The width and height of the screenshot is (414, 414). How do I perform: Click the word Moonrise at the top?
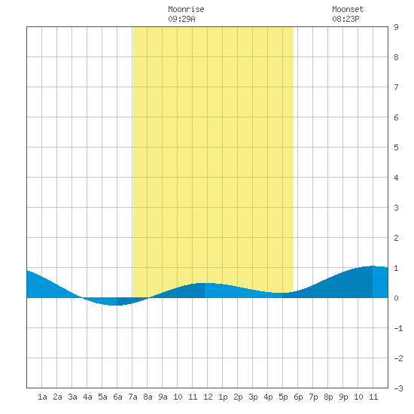coord(186,9)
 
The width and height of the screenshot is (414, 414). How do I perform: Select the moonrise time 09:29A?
coord(181,19)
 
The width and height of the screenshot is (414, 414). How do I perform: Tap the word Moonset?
coord(348,9)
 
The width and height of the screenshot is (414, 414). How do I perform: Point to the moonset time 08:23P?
coord(346,19)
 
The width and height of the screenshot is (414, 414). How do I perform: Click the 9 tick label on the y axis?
coord(396,27)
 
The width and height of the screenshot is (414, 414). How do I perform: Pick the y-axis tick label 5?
coord(396,148)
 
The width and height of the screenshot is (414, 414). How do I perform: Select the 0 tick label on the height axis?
coord(396,298)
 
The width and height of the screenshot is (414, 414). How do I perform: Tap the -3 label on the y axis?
coord(398,388)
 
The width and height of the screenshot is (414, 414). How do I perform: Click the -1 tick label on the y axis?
coord(398,328)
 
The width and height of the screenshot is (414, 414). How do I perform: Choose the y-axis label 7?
coord(396,87)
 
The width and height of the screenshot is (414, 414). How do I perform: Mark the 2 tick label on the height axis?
coord(396,238)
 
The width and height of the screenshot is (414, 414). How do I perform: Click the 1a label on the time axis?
coord(42,397)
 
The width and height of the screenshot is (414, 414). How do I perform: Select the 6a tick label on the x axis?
coord(117,397)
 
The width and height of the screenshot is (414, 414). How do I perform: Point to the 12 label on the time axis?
coord(208,397)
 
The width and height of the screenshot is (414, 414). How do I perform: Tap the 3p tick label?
coord(253,397)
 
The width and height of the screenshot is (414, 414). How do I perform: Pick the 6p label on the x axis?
coord(298,397)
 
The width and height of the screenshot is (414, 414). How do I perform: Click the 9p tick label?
coord(343,397)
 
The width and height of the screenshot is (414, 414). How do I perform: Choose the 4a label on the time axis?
coord(87,397)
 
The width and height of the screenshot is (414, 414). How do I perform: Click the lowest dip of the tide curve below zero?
coord(113,305)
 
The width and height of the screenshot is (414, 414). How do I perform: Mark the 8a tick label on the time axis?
coord(148,397)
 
